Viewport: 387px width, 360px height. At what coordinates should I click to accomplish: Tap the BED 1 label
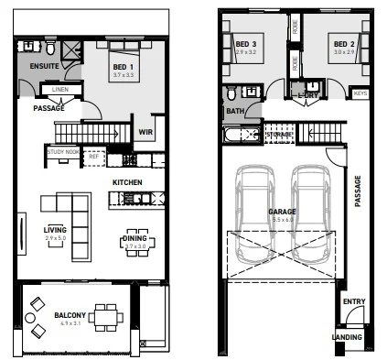tap(124, 68)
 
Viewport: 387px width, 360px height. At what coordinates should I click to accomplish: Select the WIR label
tap(144, 132)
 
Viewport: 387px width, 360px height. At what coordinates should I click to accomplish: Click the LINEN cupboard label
tap(60, 90)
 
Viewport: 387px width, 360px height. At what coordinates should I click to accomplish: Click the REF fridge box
tap(93, 157)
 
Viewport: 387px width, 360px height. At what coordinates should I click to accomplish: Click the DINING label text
tap(134, 239)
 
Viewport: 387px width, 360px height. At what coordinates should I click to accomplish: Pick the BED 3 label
tap(246, 44)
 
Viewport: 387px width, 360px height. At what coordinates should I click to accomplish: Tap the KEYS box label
tap(360, 93)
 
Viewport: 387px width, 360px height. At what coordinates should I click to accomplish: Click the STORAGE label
tap(280, 135)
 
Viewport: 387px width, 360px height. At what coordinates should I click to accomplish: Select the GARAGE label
tap(281, 211)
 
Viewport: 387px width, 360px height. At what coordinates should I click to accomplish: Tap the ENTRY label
tap(352, 301)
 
